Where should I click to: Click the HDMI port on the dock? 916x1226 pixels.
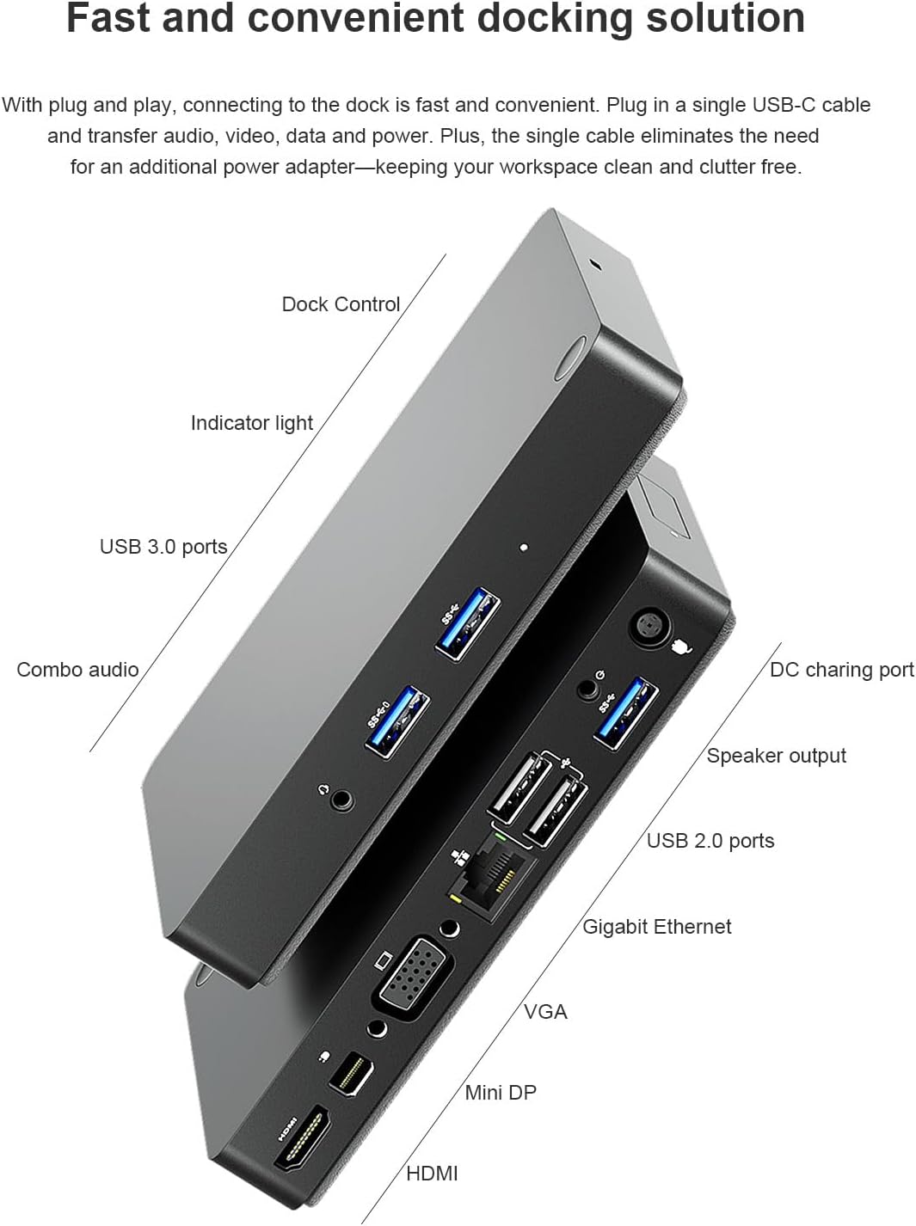point(303,1139)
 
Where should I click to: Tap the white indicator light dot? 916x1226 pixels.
point(524,547)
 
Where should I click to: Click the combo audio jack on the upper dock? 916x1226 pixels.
point(342,799)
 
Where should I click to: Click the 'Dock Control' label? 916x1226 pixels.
point(341,304)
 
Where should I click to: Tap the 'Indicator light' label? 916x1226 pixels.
point(251,423)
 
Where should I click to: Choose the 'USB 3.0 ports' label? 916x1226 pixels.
point(163,547)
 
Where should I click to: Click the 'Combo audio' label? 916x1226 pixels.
point(77,670)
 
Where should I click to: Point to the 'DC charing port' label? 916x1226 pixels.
point(841,670)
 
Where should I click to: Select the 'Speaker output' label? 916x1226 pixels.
point(776,756)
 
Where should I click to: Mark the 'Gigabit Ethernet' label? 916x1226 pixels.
point(657,927)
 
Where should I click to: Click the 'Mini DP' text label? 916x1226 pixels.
point(501,1093)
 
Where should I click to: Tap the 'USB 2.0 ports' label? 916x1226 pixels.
point(710,841)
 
